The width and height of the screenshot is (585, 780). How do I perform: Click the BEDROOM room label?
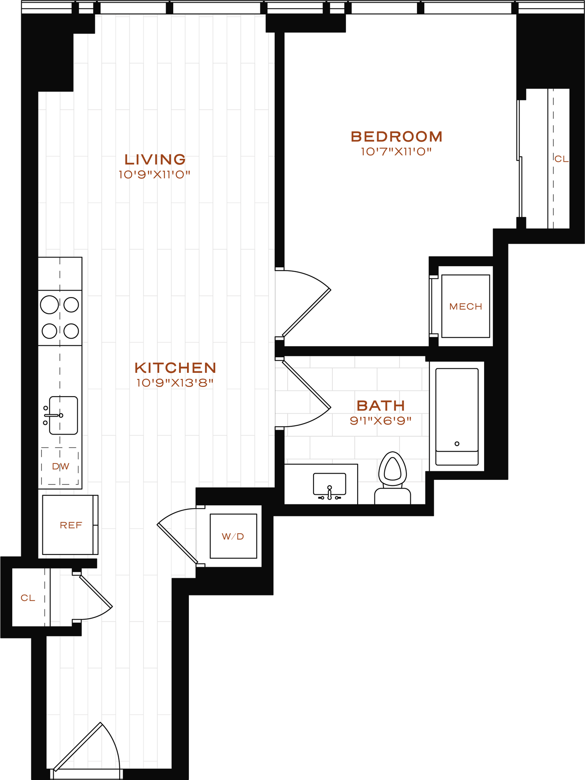click(x=396, y=136)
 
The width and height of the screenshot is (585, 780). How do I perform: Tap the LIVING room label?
click(x=155, y=159)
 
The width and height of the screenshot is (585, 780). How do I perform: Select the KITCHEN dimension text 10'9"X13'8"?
click(x=175, y=383)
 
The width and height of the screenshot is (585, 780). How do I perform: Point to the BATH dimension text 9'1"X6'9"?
click(x=380, y=421)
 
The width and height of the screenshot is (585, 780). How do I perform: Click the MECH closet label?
click(x=465, y=307)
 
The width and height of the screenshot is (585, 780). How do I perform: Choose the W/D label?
click(x=233, y=537)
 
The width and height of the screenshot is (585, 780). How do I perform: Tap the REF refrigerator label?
click(x=71, y=526)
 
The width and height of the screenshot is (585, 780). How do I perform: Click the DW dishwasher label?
click(x=60, y=467)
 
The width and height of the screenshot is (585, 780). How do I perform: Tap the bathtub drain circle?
click(x=457, y=444)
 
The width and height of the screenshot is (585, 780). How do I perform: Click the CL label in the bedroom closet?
click(x=561, y=159)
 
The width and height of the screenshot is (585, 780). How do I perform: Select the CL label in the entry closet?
click(x=28, y=598)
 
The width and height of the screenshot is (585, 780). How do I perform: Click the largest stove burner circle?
click(x=50, y=305)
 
